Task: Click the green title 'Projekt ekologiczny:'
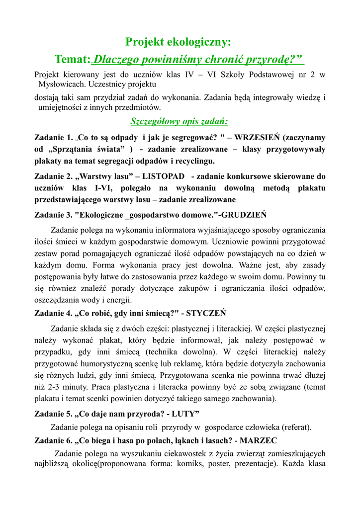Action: click(x=178, y=42)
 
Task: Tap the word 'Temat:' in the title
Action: click(x=73, y=60)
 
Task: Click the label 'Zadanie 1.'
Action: click(x=53, y=138)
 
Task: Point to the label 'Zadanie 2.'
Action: click(x=53, y=176)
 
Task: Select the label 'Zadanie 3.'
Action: click(x=53, y=215)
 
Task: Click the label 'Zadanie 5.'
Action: click(x=53, y=414)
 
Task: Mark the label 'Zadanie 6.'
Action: click(x=53, y=440)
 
